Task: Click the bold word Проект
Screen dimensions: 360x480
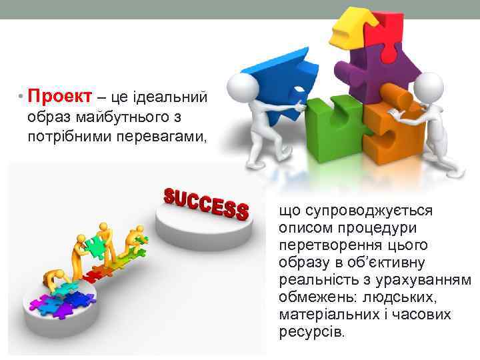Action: tap(59, 97)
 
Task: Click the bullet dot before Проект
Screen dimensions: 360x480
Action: tap(21, 98)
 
